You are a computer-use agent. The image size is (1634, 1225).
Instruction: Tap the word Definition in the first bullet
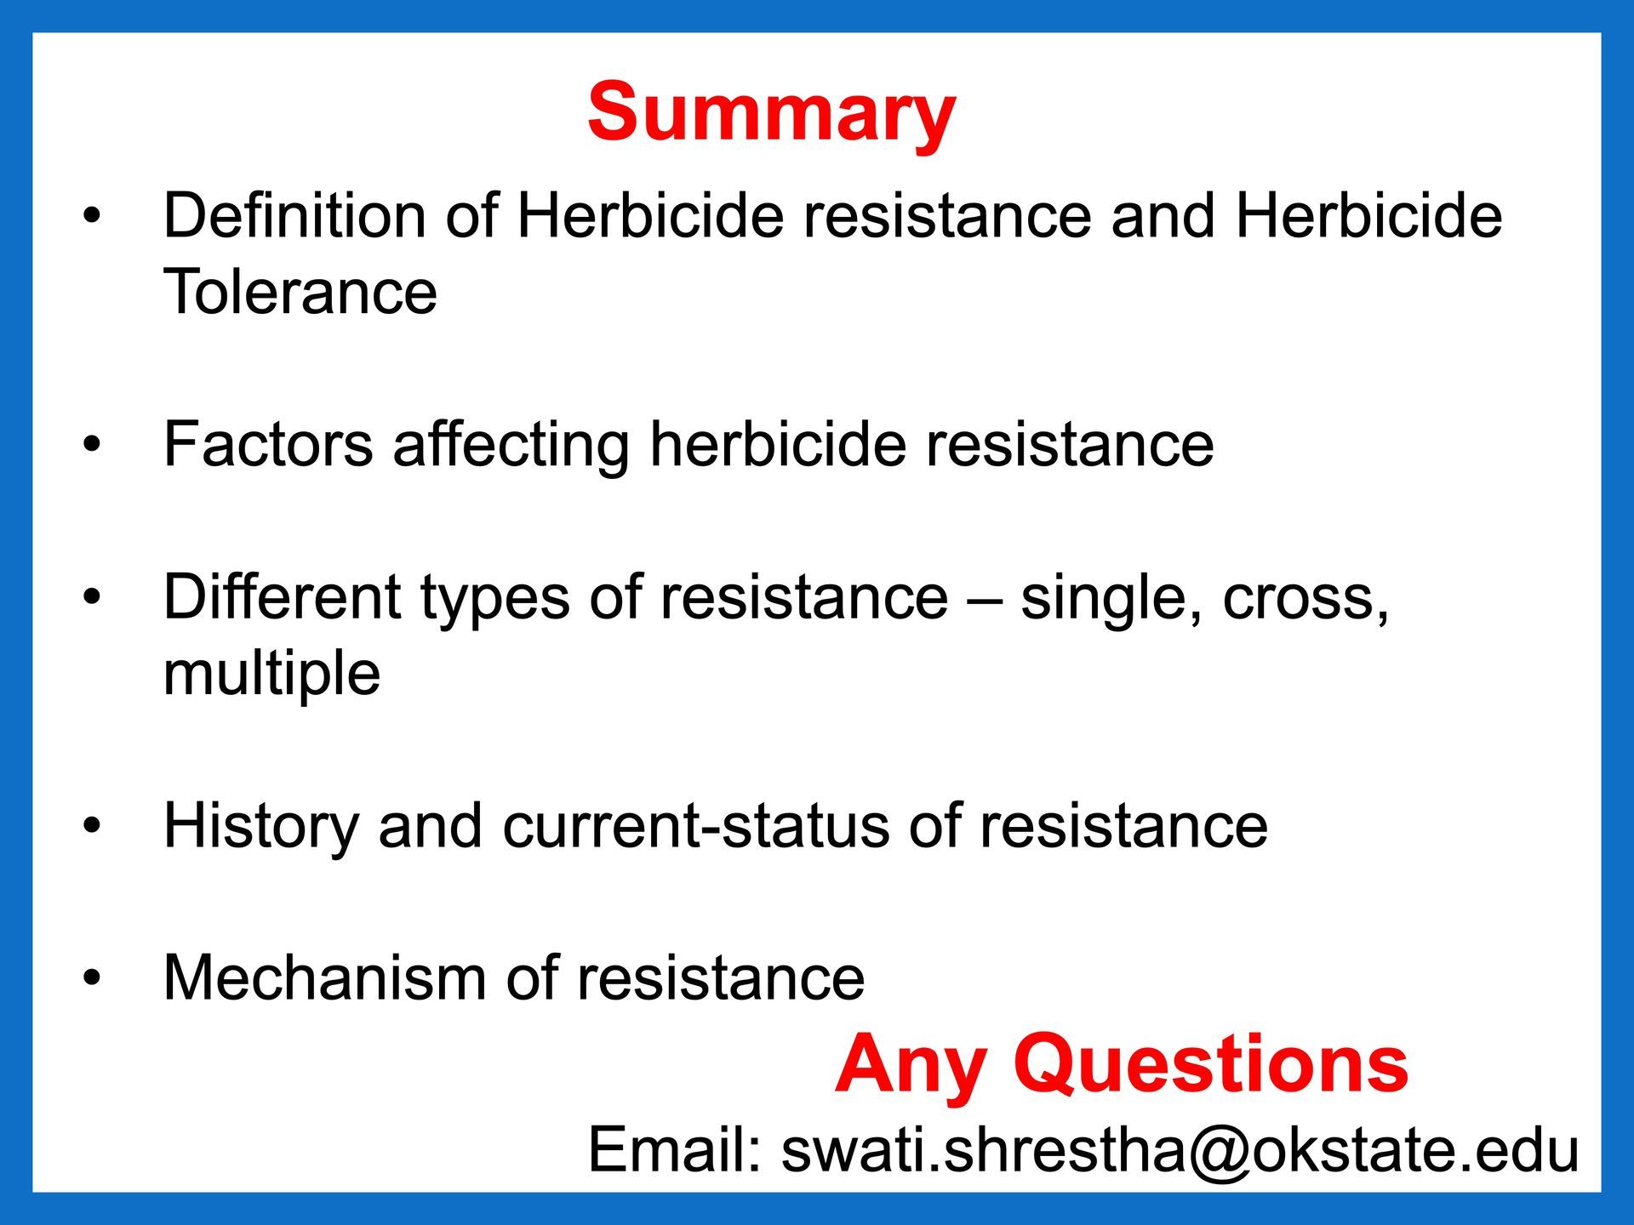tap(294, 215)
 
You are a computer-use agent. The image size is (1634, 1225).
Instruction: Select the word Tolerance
tap(300, 292)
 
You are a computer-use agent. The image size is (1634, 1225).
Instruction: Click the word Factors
tap(268, 443)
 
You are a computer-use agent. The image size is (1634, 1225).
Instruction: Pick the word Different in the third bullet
tap(282, 595)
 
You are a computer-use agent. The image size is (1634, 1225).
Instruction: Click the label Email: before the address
tap(674, 1149)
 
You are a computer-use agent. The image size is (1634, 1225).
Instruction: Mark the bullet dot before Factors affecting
tap(92, 444)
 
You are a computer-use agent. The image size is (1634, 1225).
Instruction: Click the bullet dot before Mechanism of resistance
tap(92, 977)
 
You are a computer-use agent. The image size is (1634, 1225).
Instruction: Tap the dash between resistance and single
tap(985, 600)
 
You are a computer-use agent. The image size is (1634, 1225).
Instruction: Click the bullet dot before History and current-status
tap(92, 825)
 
